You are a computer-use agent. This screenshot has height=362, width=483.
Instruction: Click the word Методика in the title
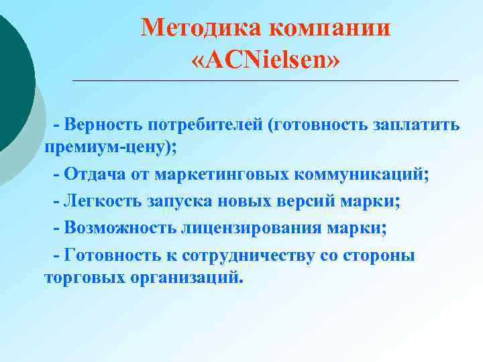tap(199, 28)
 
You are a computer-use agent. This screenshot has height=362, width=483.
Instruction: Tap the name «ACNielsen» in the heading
tap(266, 61)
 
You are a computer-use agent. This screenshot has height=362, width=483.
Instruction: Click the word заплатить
tap(417, 125)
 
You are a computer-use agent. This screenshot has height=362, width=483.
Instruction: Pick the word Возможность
tap(121, 228)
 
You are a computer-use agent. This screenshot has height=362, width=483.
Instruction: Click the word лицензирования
tap(251, 228)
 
